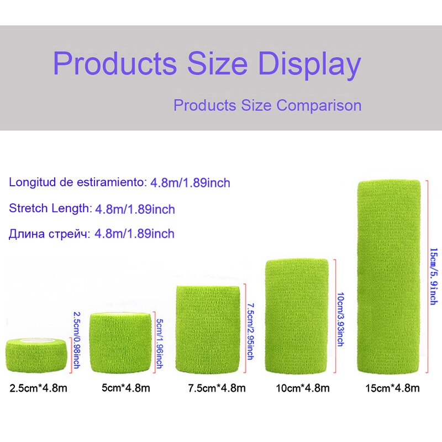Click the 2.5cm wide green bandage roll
coord(36,356)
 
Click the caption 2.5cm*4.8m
coord(38,388)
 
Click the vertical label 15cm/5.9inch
coord(434,276)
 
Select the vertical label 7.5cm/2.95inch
coord(250,330)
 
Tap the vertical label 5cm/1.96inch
coord(159,344)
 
